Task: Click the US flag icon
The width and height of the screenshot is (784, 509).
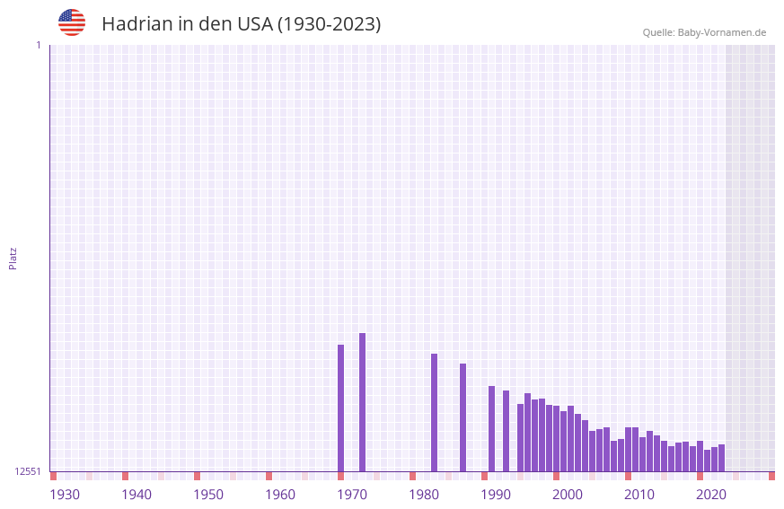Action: tap(72, 22)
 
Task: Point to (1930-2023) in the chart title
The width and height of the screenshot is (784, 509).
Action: tap(330, 24)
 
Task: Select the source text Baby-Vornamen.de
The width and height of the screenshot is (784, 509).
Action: tap(721, 33)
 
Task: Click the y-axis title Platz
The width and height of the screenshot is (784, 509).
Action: tap(13, 258)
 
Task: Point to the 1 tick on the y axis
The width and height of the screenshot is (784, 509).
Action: tap(38, 45)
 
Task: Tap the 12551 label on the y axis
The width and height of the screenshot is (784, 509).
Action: tap(27, 471)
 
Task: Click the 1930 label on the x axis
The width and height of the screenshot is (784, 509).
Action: tap(65, 495)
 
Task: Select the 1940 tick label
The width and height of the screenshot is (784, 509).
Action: tap(137, 495)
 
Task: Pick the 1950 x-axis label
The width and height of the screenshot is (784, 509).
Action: tap(208, 495)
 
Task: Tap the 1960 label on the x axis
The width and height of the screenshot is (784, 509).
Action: tap(280, 495)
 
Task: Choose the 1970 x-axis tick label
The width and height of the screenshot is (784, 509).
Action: tap(352, 495)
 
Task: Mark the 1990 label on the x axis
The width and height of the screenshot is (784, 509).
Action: tap(496, 495)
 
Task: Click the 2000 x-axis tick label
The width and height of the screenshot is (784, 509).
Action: tap(568, 495)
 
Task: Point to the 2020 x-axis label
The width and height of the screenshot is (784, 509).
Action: tap(711, 495)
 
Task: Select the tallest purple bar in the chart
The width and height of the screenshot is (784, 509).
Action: tap(362, 402)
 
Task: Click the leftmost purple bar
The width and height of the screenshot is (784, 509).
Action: tap(340, 408)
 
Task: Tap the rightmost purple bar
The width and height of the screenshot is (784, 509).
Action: tap(721, 458)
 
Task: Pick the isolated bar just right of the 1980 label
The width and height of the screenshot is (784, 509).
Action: tap(434, 413)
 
